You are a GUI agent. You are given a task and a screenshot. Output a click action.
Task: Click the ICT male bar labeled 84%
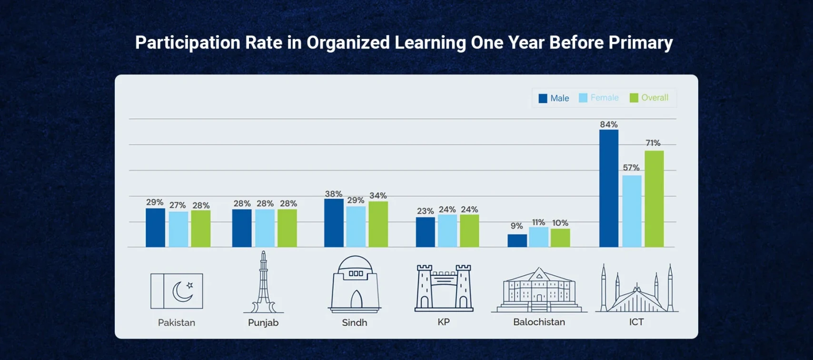click(x=609, y=188)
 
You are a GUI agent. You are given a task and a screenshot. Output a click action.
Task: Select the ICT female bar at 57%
click(x=632, y=211)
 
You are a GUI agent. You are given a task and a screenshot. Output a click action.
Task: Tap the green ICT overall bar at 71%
click(x=654, y=199)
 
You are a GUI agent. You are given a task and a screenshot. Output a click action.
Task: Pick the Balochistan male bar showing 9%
click(x=517, y=240)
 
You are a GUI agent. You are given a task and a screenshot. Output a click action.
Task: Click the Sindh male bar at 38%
click(x=334, y=223)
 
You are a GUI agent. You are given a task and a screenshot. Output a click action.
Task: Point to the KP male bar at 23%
click(x=425, y=232)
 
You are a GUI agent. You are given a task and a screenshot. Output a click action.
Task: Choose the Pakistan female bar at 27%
click(x=178, y=229)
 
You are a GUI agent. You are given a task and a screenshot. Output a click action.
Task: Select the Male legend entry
click(x=554, y=98)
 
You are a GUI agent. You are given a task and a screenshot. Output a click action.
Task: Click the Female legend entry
click(x=599, y=98)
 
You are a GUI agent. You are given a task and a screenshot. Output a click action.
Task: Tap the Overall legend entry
click(x=649, y=98)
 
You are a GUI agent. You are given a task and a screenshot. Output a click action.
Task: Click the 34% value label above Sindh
click(x=378, y=196)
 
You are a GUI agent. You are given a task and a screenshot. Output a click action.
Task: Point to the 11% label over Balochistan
click(x=538, y=222)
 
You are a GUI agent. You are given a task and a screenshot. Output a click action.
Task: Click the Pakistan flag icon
click(x=177, y=291)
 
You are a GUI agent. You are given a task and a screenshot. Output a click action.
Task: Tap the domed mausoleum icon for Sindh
click(x=355, y=284)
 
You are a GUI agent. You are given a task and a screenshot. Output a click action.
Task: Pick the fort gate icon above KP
click(x=444, y=288)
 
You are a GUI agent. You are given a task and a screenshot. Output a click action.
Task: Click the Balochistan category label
click(x=539, y=322)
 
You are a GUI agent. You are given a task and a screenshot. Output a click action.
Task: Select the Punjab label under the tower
click(x=263, y=322)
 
